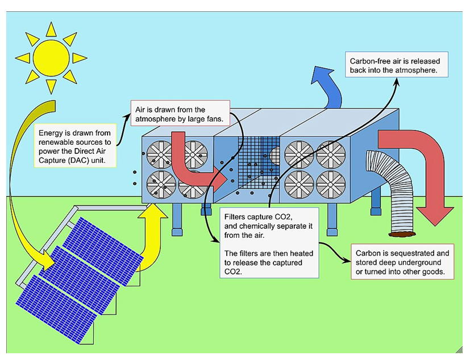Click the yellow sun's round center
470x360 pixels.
(x=50, y=57)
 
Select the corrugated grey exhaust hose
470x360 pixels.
(x=388, y=187)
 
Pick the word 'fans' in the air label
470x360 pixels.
(x=220, y=119)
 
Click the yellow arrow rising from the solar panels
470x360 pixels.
(x=149, y=227)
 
